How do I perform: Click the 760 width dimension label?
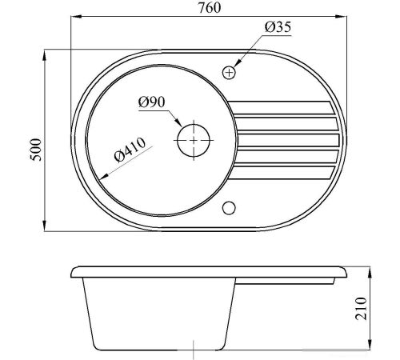point(210,7)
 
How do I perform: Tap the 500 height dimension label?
point(36,150)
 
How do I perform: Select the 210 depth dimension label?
point(361,308)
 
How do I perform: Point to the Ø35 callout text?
point(278,27)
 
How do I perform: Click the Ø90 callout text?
point(152,102)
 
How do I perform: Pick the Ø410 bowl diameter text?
point(130,150)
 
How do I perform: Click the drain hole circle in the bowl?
point(194,140)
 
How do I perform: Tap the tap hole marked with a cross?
point(229,73)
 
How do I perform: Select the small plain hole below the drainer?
point(229,208)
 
